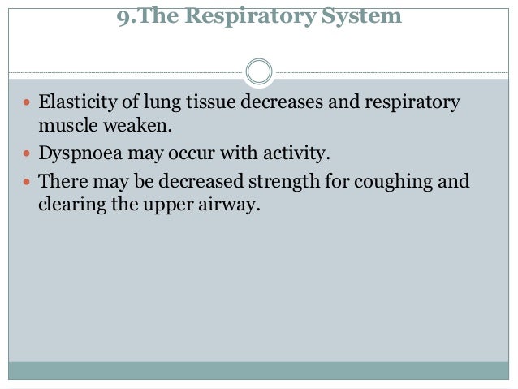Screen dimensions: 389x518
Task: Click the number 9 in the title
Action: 121,15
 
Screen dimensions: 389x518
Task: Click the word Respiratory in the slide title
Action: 253,15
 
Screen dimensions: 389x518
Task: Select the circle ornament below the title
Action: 258,71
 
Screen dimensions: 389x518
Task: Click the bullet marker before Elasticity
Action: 28,105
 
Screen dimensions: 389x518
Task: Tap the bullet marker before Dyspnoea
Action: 28,154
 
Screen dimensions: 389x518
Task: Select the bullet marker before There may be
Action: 28,181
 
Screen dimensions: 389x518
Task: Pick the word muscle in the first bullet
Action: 65,127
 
